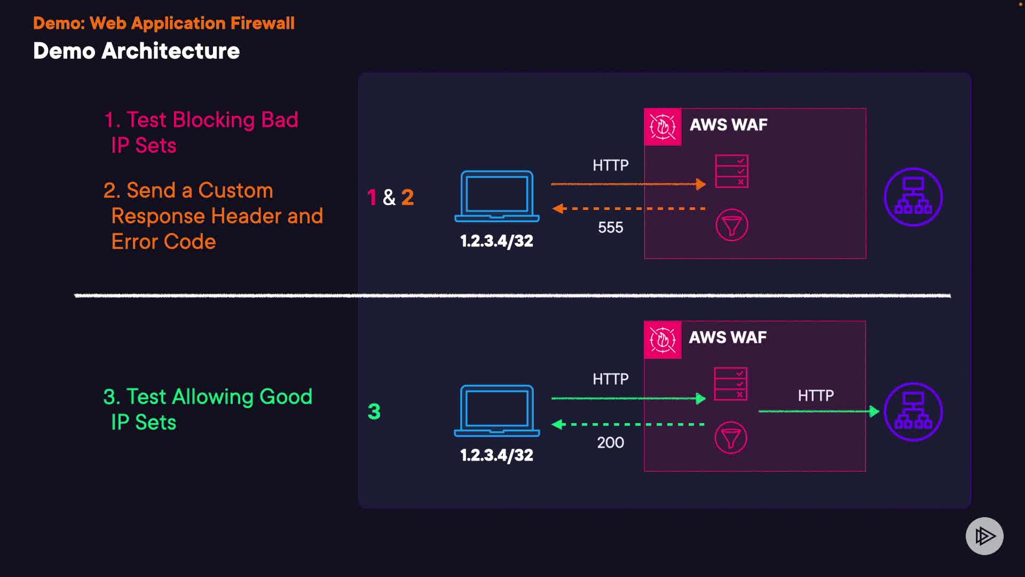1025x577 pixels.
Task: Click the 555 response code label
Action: pos(610,228)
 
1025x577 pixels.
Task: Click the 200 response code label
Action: pos(610,442)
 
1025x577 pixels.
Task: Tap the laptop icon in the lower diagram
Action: pos(497,410)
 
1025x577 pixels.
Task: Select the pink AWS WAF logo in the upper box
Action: pos(663,127)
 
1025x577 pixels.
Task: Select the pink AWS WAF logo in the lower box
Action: pos(663,340)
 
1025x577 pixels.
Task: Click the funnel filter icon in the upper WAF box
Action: pos(731,225)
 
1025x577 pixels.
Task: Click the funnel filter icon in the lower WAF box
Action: pos(730,438)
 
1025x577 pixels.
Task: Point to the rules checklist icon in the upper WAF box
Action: pos(731,171)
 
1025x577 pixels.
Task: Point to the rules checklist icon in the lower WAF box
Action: pos(730,384)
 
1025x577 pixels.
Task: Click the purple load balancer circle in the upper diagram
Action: pos(913,197)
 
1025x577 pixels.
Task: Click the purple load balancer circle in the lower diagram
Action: pos(913,412)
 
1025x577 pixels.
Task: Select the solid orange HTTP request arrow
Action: pos(628,184)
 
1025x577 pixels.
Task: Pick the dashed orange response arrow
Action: pos(628,208)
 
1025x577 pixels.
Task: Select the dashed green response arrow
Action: pos(628,424)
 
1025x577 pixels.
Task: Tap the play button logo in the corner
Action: pos(984,536)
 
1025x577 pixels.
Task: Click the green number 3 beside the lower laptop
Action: pos(374,411)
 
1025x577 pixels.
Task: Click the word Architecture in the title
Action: pos(170,51)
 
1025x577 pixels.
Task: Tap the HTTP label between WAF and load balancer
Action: pos(816,395)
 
